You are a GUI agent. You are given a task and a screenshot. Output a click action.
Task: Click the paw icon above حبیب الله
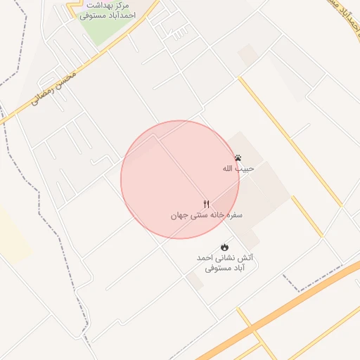pyautogui.click(x=238, y=158)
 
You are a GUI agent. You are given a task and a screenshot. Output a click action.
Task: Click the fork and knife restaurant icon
pyautogui.click(x=206, y=204)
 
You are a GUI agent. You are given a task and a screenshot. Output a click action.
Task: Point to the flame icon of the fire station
pyautogui.click(x=224, y=247)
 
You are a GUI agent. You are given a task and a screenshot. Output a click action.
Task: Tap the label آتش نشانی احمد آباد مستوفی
pyautogui.click(x=225, y=263)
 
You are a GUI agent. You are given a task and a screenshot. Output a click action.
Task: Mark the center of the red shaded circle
pyautogui.click(x=180, y=179)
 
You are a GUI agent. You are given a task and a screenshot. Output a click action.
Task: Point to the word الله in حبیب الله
pyautogui.click(x=229, y=169)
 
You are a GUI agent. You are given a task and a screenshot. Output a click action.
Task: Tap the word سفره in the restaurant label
pyautogui.click(x=233, y=215)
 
